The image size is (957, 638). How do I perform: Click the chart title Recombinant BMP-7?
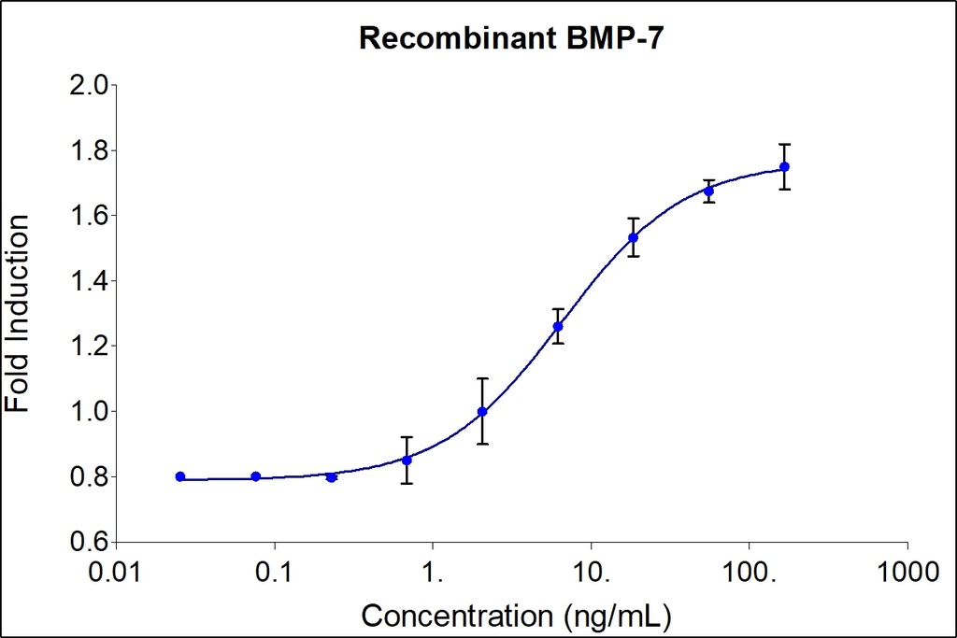click(511, 38)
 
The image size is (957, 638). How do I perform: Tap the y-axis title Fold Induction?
click(18, 313)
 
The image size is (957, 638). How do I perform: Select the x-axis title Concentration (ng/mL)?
click(516, 616)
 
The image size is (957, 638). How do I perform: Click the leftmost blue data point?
click(180, 476)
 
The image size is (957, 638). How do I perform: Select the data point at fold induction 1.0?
click(482, 411)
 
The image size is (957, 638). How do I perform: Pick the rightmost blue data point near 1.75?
click(784, 166)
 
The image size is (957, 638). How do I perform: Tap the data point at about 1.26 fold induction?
click(558, 326)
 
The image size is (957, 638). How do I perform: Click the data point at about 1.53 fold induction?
click(634, 237)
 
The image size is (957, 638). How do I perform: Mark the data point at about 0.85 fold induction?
click(407, 460)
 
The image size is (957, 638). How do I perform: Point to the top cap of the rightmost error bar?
click(784, 145)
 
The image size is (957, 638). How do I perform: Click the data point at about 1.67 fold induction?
click(708, 191)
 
